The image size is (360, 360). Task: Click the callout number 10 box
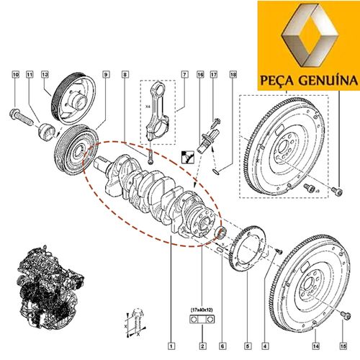pyautogui.click(x=16, y=75)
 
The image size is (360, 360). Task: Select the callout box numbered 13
pyautogui.click(x=45, y=75)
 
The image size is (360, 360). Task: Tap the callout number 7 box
pyautogui.click(x=184, y=75)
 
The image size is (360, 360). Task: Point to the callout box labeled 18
pyautogui.click(x=233, y=75)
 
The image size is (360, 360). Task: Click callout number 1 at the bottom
pyautogui.click(x=171, y=346)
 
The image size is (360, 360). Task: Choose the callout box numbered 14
pyautogui.click(x=316, y=346)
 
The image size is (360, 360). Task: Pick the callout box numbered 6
pyautogui.click(x=222, y=346)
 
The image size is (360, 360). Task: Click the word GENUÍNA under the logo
pyautogui.click(x=328, y=80)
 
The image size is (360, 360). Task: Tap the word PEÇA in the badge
pyautogui.click(x=277, y=81)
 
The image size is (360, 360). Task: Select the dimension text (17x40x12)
pyautogui.click(x=202, y=310)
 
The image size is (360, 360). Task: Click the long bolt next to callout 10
pyautogui.click(x=21, y=117)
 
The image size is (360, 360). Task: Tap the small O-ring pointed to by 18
pyautogui.click(x=216, y=171)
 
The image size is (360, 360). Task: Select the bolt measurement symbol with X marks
pyautogui.click(x=136, y=323)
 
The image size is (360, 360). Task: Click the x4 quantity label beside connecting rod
pyautogui.click(x=148, y=107)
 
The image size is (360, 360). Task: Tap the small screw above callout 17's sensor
pyautogui.click(x=216, y=122)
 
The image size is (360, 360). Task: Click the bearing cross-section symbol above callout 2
pyautogui.click(x=202, y=320)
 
